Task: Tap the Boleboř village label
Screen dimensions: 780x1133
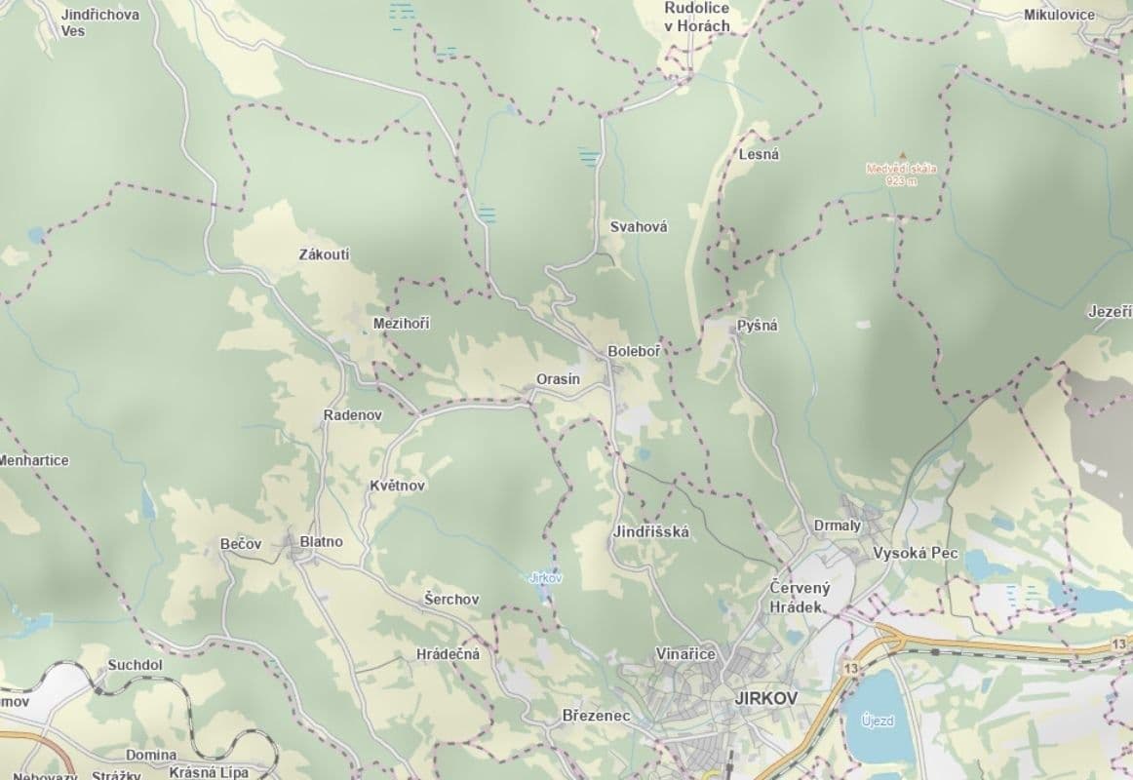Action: pyautogui.click(x=633, y=351)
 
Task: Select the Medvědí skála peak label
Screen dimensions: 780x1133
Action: pyautogui.click(x=901, y=174)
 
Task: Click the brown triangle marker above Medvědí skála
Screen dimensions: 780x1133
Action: pyautogui.click(x=902, y=155)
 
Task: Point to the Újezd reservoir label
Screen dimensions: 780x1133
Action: pyautogui.click(x=878, y=721)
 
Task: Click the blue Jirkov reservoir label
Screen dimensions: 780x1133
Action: pyautogui.click(x=545, y=578)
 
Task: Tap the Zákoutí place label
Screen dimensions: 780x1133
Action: pyautogui.click(x=325, y=255)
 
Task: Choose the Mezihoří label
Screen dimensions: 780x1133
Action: pyautogui.click(x=401, y=324)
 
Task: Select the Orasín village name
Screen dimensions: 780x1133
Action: pyautogui.click(x=558, y=379)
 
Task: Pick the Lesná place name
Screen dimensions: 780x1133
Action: pyautogui.click(x=760, y=154)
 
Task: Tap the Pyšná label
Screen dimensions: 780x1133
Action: pyautogui.click(x=758, y=326)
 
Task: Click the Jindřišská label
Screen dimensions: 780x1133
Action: pyautogui.click(x=651, y=532)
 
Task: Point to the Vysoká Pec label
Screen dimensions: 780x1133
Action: pyautogui.click(x=916, y=553)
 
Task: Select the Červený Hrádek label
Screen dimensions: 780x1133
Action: pyautogui.click(x=799, y=597)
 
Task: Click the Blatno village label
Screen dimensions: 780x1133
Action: pyautogui.click(x=321, y=542)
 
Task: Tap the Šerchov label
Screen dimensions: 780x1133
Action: pyautogui.click(x=451, y=600)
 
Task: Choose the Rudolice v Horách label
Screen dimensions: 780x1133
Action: pyautogui.click(x=696, y=17)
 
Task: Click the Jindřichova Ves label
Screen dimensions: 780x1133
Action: pyautogui.click(x=99, y=22)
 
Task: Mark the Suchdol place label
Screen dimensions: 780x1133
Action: pyautogui.click(x=135, y=665)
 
